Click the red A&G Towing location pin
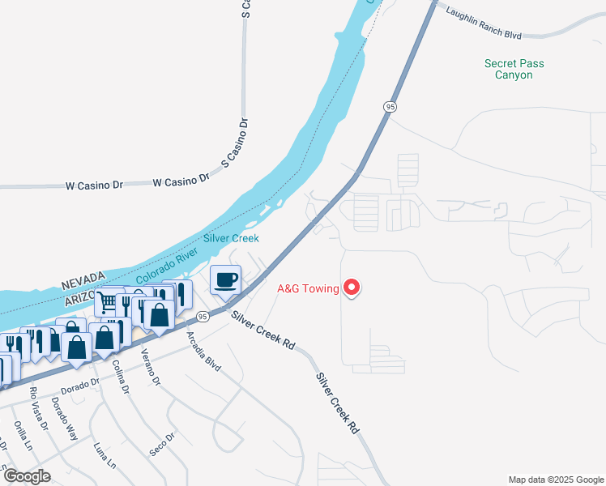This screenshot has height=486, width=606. pos(352,288)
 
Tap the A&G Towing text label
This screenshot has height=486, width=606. pos(308,288)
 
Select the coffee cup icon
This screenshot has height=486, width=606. pos(225,280)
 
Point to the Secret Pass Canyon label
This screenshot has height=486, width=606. pos(514,69)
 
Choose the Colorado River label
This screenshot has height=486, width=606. pos(165,266)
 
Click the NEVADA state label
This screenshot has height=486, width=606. pos(84,284)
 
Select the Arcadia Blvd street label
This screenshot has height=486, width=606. pos(203,352)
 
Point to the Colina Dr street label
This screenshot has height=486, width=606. pos(121,377)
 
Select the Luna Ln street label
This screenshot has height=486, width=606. pos(105,454)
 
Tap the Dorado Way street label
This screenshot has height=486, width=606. pos(65,418)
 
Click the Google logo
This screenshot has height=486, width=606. pos(26,476)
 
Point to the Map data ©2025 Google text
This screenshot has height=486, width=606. pos(555,480)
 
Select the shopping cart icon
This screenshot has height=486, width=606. pos(106,303)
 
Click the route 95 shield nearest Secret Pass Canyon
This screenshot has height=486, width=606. pos(390,106)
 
